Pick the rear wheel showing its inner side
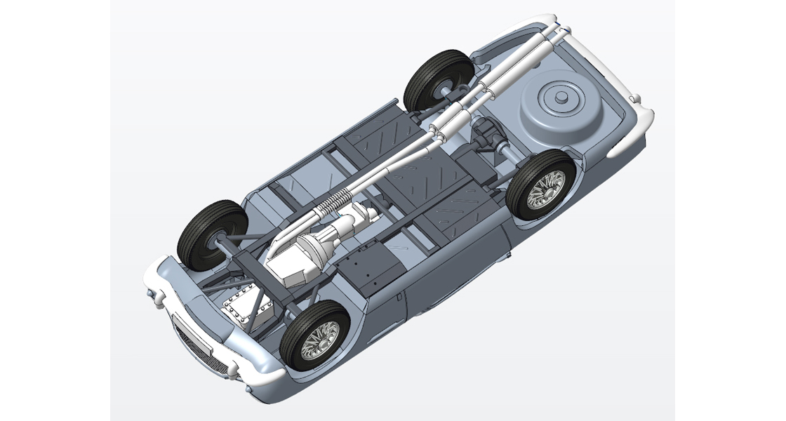437,79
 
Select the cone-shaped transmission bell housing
313,248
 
